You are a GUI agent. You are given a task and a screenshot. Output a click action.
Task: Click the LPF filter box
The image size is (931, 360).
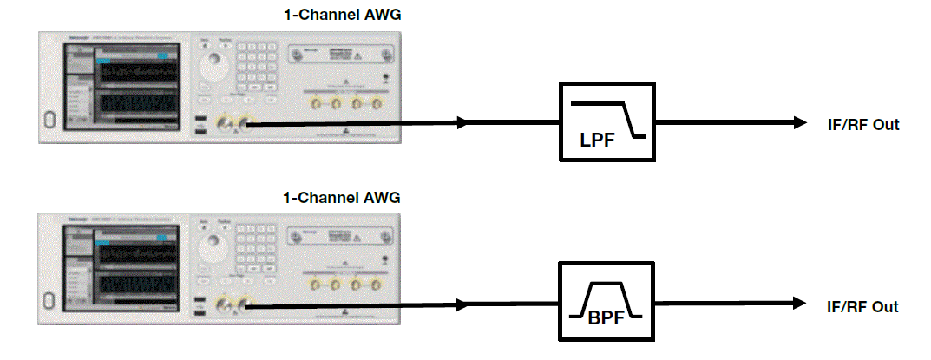605,122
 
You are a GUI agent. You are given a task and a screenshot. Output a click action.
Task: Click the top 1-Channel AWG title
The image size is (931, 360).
342,15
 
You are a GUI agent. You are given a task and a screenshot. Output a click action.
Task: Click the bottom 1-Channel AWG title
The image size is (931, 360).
342,197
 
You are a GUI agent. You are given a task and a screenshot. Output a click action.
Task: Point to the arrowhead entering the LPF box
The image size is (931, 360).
464,123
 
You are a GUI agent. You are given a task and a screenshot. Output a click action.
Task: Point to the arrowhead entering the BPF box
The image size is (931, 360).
464,305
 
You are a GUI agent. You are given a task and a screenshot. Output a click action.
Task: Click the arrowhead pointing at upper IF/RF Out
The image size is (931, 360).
798,123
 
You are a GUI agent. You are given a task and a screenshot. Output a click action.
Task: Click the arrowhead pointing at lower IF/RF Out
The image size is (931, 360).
798,304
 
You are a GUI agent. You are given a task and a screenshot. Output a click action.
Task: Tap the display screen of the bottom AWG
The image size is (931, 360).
134,266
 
